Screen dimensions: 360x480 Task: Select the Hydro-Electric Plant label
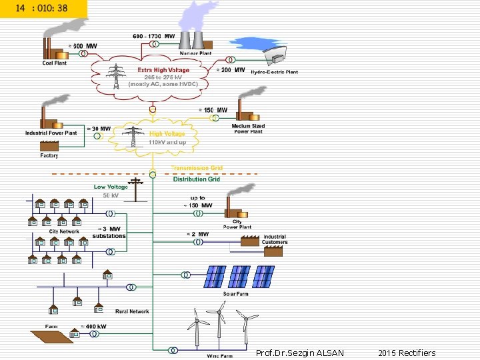point(274,71)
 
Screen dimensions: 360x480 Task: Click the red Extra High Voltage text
point(163,69)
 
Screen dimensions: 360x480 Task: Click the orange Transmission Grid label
point(197,168)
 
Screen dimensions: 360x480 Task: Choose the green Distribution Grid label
point(197,179)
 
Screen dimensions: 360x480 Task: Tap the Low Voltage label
point(111,187)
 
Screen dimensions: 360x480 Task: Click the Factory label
point(49,156)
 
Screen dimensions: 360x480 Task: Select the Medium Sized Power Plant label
point(248,129)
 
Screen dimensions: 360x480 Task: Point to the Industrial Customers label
point(275,239)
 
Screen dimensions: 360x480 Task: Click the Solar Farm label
point(235,293)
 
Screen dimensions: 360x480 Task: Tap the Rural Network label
point(132,311)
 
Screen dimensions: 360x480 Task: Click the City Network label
point(64,231)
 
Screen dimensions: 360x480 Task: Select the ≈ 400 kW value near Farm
point(93,327)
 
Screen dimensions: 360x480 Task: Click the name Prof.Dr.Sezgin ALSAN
point(300,353)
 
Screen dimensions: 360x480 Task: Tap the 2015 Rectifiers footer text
point(406,353)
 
